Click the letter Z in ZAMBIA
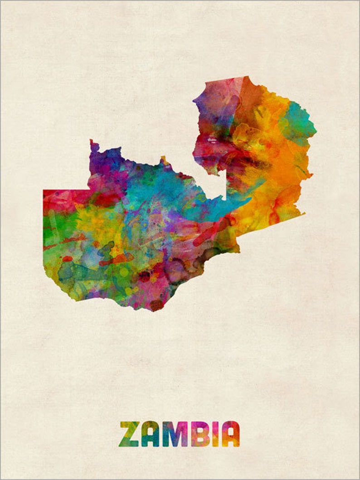pos(129,434)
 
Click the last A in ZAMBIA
pos(231,434)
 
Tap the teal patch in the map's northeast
pos(297,120)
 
